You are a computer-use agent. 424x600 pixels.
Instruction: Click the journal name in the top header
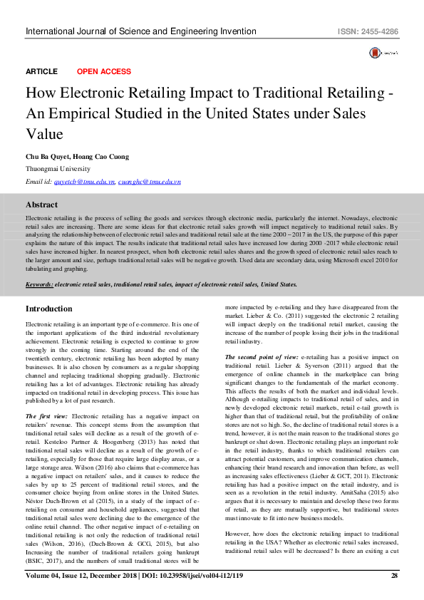[140, 32]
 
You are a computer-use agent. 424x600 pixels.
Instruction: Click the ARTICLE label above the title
[41, 72]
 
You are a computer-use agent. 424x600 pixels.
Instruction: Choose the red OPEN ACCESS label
[103, 72]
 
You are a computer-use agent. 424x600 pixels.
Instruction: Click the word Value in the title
[45, 134]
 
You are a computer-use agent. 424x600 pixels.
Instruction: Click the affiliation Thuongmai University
[58, 169]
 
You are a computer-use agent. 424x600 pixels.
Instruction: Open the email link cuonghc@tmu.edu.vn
[149, 182]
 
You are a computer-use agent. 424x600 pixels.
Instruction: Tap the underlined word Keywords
[39, 284]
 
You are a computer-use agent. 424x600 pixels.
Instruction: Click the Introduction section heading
[48, 309]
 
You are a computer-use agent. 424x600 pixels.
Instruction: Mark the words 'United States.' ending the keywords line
[279, 284]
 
